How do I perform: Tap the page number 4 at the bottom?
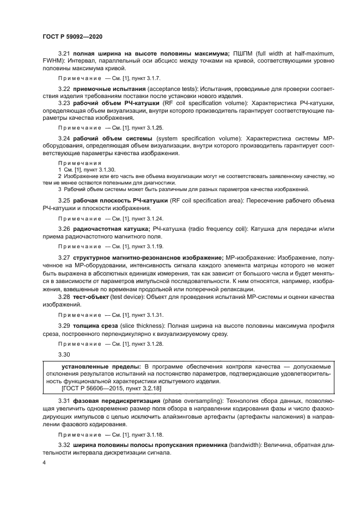click(44, 462)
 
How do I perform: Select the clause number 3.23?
click(64, 103)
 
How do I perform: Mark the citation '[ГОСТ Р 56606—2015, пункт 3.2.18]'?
click(111, 389)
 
